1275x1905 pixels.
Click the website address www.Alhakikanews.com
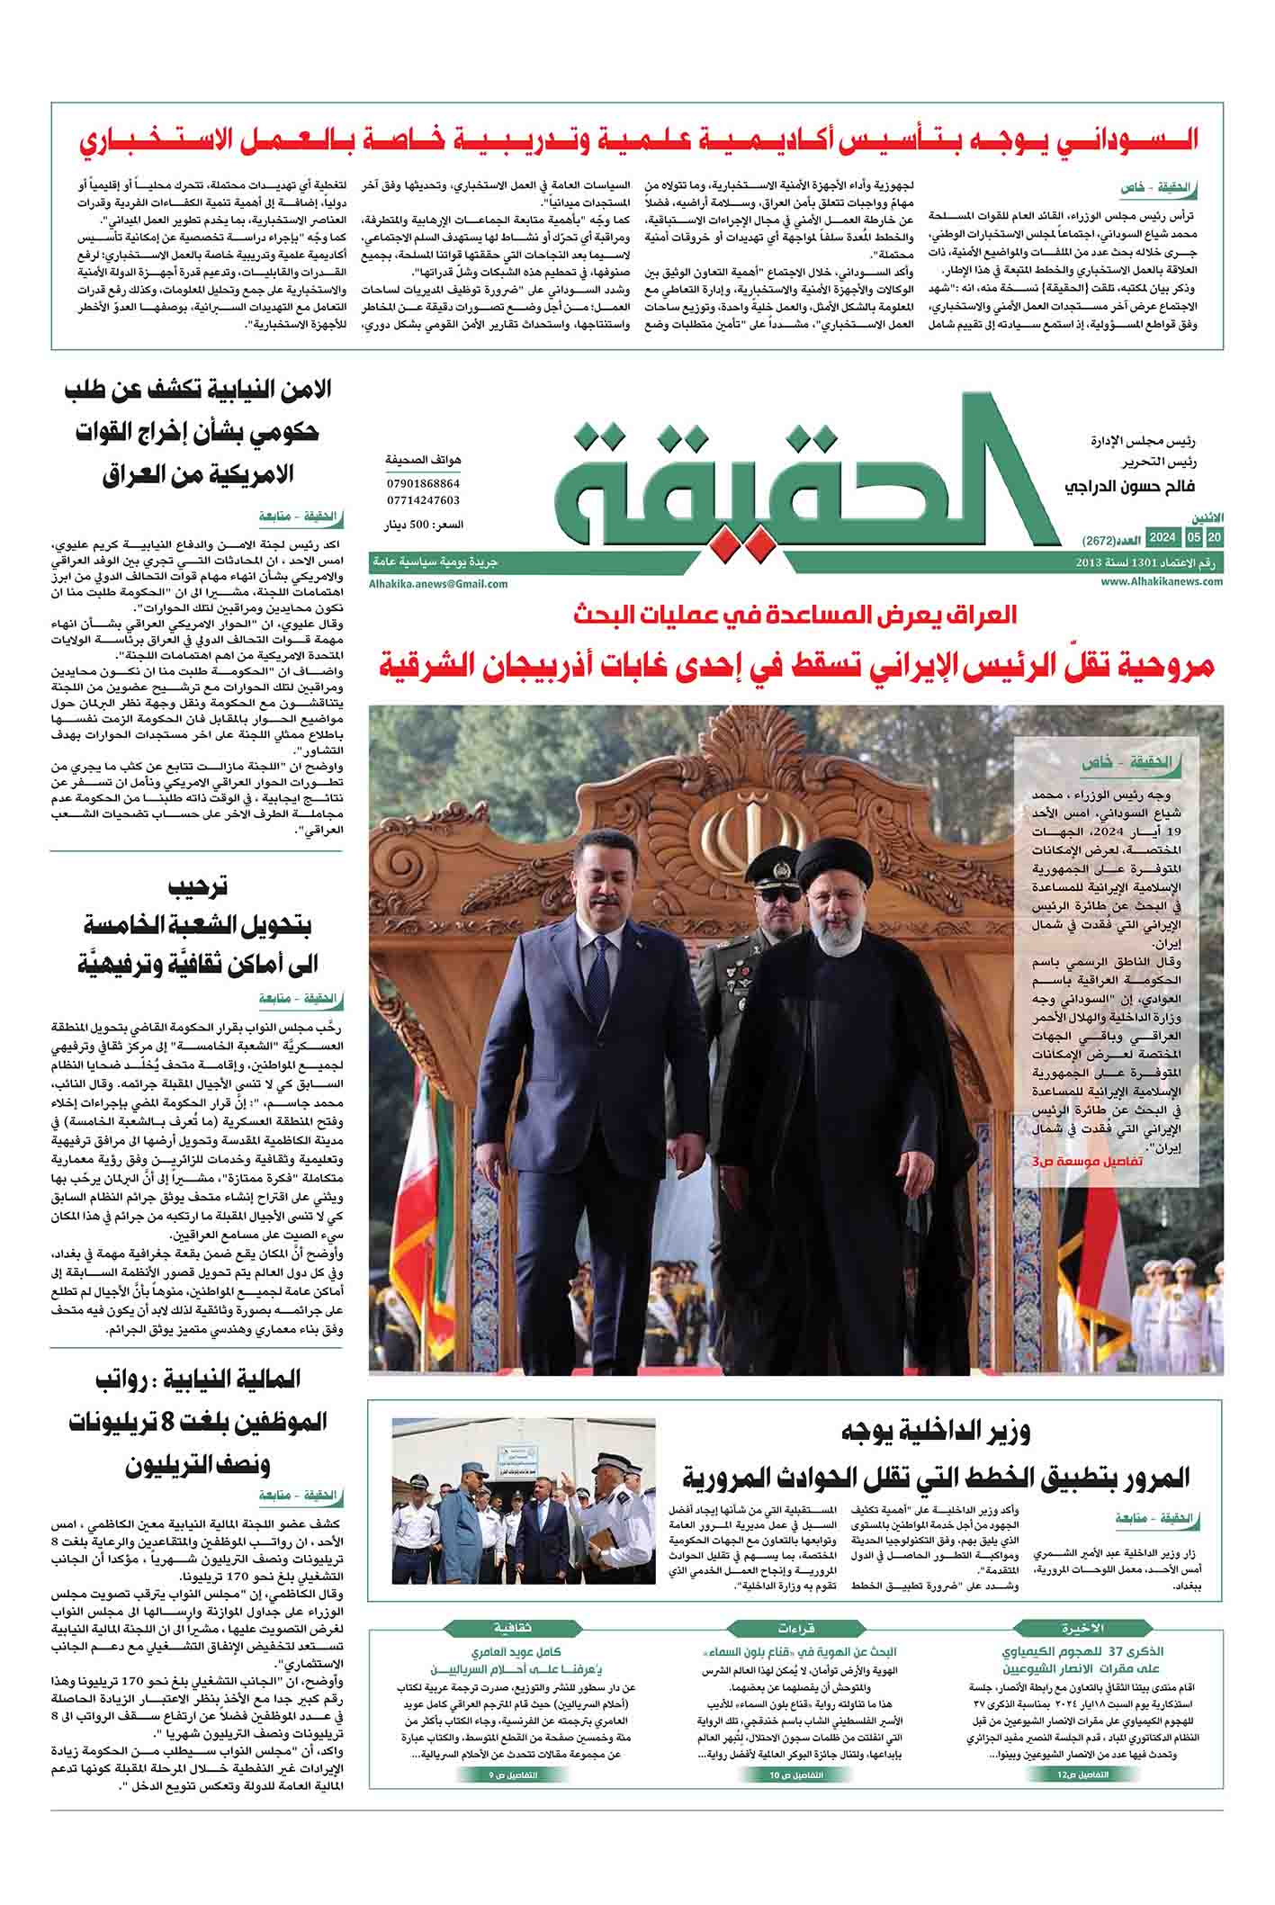(x=1161, y=581)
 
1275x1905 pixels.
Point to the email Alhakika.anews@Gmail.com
(x=437, y=583)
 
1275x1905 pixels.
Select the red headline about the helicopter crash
(x=796, y=667)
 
